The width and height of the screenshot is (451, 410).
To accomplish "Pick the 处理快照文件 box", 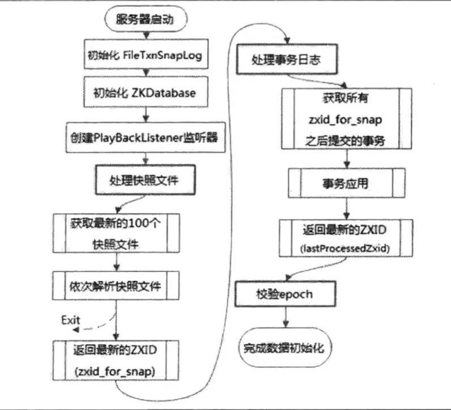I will coord(145,181).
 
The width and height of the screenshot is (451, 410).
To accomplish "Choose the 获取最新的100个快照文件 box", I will coord(115,233).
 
